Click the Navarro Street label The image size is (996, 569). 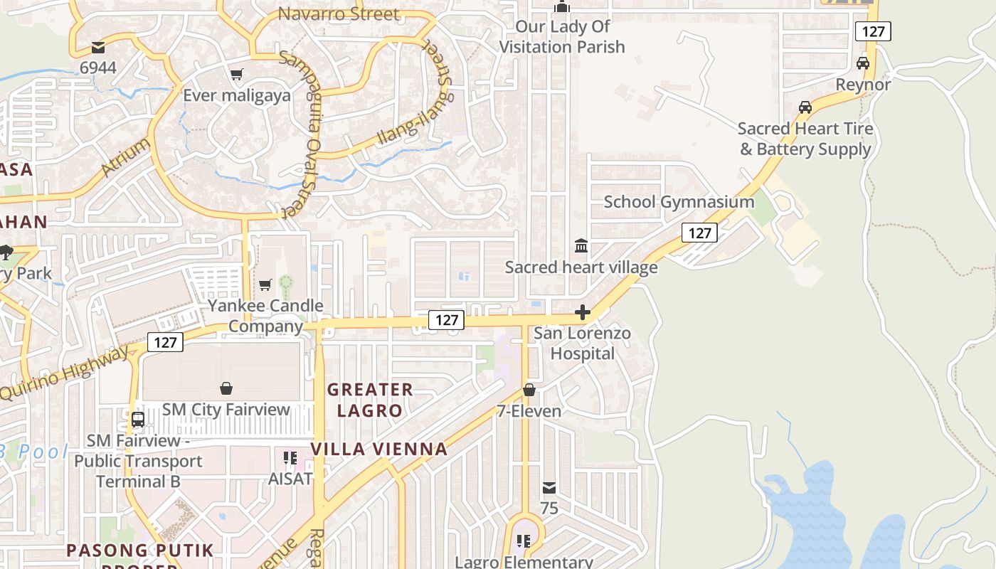(339, 14)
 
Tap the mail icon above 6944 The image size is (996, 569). (98, 48)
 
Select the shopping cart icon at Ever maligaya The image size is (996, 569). (237, 75)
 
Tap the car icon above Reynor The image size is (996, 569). (863, 63)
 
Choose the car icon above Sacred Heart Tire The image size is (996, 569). (805, 107)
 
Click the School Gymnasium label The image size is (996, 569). (679, 202)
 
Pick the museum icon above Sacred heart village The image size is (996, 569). (581, 246)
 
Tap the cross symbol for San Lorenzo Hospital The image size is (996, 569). (583, 312)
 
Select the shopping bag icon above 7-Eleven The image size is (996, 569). (529, 390)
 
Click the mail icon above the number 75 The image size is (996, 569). (549, 488)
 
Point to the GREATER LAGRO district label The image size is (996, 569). (370, 400)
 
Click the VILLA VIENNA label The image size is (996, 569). (379, 449)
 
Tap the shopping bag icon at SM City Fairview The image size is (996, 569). (226, 388)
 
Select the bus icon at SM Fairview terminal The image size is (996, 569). (138, 419)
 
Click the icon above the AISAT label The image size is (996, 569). (290, 457)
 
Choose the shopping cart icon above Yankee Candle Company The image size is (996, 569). (265, 285)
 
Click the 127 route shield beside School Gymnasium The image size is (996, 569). (699, 233)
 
